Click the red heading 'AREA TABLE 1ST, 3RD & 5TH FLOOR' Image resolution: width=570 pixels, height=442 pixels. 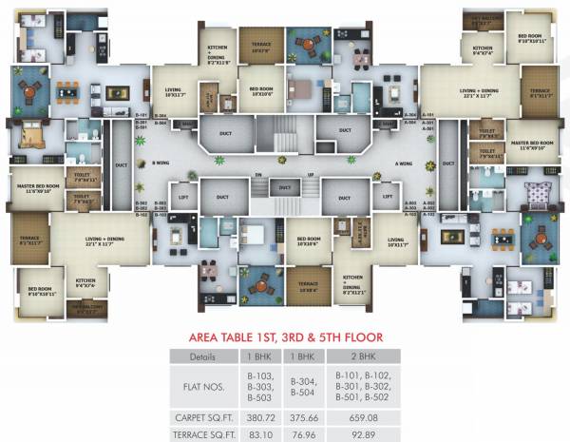tap(284, 336)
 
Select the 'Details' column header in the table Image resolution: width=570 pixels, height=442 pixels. tap(203, 356)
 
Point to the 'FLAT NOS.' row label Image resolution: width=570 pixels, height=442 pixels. tap(203, 387)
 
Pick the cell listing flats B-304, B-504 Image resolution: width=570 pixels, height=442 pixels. tap(301, 387)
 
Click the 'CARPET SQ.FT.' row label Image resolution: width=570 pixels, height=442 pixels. tap(203, 416)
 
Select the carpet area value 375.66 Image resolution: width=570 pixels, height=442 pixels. tap(301, 416)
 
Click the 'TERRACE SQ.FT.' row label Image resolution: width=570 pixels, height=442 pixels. tap(203, 432)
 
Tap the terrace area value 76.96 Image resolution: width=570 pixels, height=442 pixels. tap(301, 432)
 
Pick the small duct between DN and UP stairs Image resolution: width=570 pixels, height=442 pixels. tap(283, 188)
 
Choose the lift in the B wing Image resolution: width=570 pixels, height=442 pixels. tap(182, 197)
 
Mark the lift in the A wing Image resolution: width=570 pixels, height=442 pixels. tap(387, 197)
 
